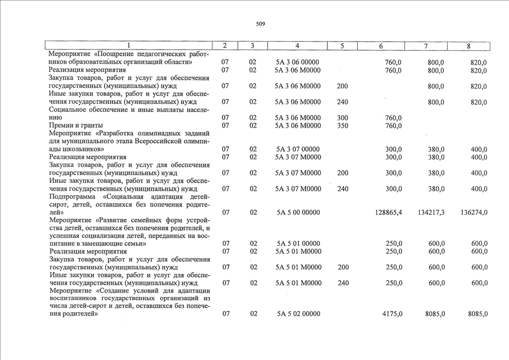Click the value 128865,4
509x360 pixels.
tap(388, 213)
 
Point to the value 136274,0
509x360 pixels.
tap(473, 213)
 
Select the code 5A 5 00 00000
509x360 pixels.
tap(298, 213)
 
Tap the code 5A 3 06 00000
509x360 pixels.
tap(298, 62)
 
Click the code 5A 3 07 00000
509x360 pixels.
tap(298, 150)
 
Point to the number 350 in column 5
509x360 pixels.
tap(343, 125)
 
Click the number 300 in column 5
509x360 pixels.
tap(343, 118)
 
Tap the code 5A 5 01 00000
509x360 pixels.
tap(298, 244)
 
